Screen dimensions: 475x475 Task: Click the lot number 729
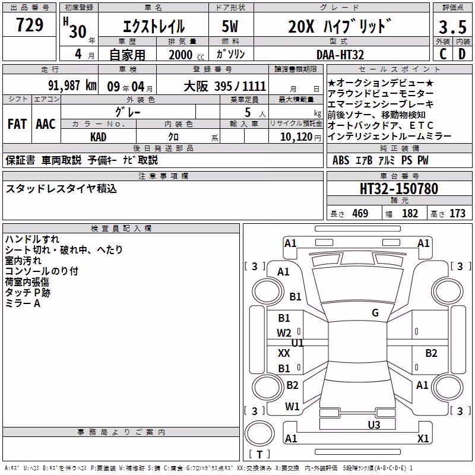click(x=29, y=24)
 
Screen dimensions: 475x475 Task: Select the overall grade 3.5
click(x=452, y=27)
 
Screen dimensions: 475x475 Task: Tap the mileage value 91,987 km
click(x=72, y=85)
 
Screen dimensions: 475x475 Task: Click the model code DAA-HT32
click(x=340, y=55)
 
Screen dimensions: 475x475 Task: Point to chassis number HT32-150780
click(x=398, y=188)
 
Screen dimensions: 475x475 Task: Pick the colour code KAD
click(x=98, y=137)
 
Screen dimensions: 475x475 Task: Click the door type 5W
click(x=230, y=26)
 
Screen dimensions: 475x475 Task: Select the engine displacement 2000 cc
click(x=186, y=55)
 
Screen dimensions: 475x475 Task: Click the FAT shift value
click(x=17, y=124)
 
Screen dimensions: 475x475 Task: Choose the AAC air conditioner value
click(x=46, y=124)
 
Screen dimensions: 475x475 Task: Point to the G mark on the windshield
click(x=375, y=312)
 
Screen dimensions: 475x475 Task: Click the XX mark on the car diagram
click(x=284, y=353)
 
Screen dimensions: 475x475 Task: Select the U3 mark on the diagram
click(x=374, y=425)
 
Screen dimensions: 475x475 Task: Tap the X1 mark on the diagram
click(x=423, y=438)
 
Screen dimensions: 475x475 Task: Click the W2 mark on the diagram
click(x=284, y=333)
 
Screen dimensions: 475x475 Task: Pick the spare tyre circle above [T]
click(x=259, y=433)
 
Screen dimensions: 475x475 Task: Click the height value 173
click(x=457, y=213)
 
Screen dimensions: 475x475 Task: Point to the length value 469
click(x=360, y=213)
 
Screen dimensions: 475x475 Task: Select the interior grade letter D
click(x=462, y=54)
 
